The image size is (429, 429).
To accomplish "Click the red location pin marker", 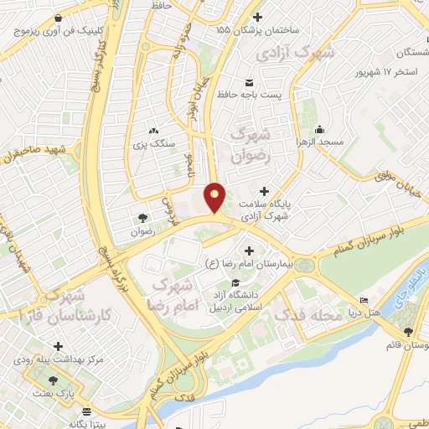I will [215, 198].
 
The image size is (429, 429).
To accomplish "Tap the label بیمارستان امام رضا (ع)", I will [248, 263].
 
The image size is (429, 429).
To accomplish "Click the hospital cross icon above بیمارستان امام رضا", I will [248, 251].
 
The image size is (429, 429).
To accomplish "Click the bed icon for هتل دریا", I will [363, 301].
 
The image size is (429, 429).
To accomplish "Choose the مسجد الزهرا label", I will [319, 143].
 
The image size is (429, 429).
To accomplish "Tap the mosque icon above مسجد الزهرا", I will [319, 130].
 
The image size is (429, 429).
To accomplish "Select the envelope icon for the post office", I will [249, 81].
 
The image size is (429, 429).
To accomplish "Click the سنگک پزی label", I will [154, 143].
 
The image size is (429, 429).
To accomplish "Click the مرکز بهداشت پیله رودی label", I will [58, 360].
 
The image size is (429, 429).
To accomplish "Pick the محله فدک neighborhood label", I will [315, 316].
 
